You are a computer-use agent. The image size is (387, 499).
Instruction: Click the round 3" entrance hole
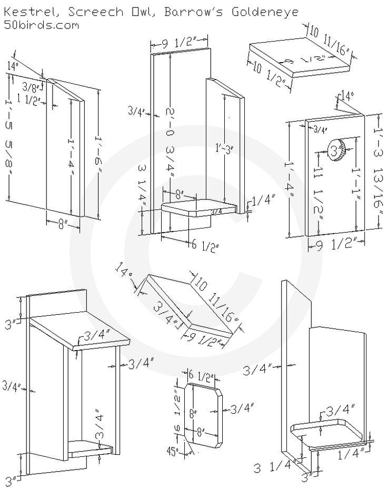(x=336, y=152)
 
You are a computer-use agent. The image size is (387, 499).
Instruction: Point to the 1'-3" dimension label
(x=224, y=148)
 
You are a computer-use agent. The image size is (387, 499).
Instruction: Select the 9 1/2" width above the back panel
(x=180, y=44)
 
